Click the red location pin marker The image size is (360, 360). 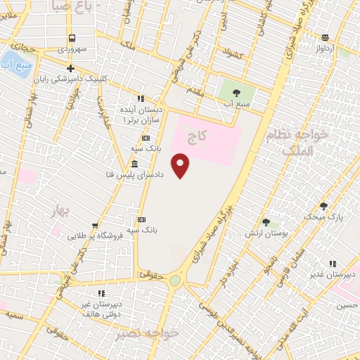[x=181, y=165]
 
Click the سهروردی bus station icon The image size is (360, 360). [x=72, y=38]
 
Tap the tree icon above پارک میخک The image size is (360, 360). [x=324, y=206]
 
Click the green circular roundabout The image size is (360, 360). [x=175, y=281]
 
